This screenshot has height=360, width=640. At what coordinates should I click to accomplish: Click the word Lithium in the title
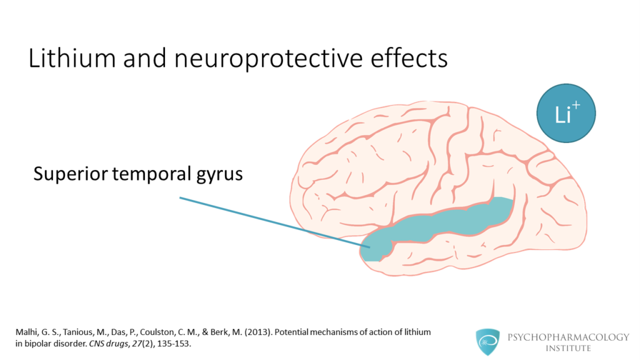(x=72, y=58)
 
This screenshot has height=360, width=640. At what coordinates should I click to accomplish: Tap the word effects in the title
(x=409, y=58)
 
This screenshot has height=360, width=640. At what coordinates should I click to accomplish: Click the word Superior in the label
(x=70, y=174)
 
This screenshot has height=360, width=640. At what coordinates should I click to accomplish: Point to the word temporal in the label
(x=151, y=174)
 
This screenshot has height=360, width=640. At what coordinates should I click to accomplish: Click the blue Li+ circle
(x=566, y=114)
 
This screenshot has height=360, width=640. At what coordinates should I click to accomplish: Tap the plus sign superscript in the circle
(x=576, y=105)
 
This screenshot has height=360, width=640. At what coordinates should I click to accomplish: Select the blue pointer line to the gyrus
(x=275, y=222)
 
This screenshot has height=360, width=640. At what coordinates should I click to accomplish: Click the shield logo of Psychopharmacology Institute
(x=487, y=342)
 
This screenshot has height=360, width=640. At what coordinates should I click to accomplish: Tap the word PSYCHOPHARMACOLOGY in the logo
(x=568, y=337)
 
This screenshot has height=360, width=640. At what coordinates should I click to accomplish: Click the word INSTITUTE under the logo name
(x=568, y=348)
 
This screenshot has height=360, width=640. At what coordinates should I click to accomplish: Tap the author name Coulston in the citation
(x=157, y=332)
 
